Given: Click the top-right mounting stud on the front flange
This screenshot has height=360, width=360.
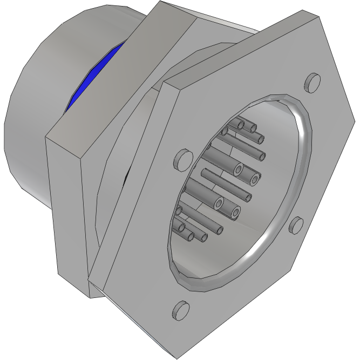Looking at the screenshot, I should coord(312,83).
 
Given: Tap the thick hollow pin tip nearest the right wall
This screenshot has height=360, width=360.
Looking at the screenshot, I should coord(254,178).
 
